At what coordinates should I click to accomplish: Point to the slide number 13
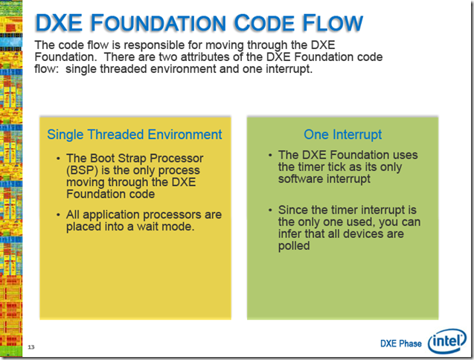click(x=31, y=347)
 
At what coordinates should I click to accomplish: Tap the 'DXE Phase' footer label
click(x=400, y=344)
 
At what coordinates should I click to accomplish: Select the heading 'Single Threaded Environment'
click(x=135, y=135)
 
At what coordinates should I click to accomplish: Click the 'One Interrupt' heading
click(x=342, y=135)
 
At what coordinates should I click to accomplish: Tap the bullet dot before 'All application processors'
click(x=60, y=216)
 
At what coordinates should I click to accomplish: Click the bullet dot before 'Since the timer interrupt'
click(x=270, y=210)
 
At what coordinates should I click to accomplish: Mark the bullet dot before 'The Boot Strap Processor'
click(x=60, y=159)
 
